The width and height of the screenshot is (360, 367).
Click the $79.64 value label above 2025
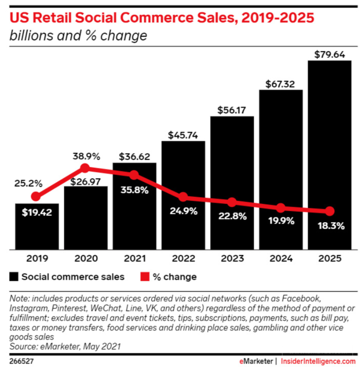[329, 54]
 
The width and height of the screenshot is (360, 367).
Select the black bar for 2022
[183, 226]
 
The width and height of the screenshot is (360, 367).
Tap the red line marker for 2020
[85, 168]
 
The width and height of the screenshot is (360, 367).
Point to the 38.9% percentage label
[85, 155]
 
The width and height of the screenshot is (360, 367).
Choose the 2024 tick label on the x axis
[280, 259]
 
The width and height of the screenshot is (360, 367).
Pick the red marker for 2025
[330, 211]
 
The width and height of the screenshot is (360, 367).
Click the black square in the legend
[14, 277]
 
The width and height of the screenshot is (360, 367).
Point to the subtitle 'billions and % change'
[78, 36]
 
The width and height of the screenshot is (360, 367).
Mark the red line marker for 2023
[232, 202]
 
